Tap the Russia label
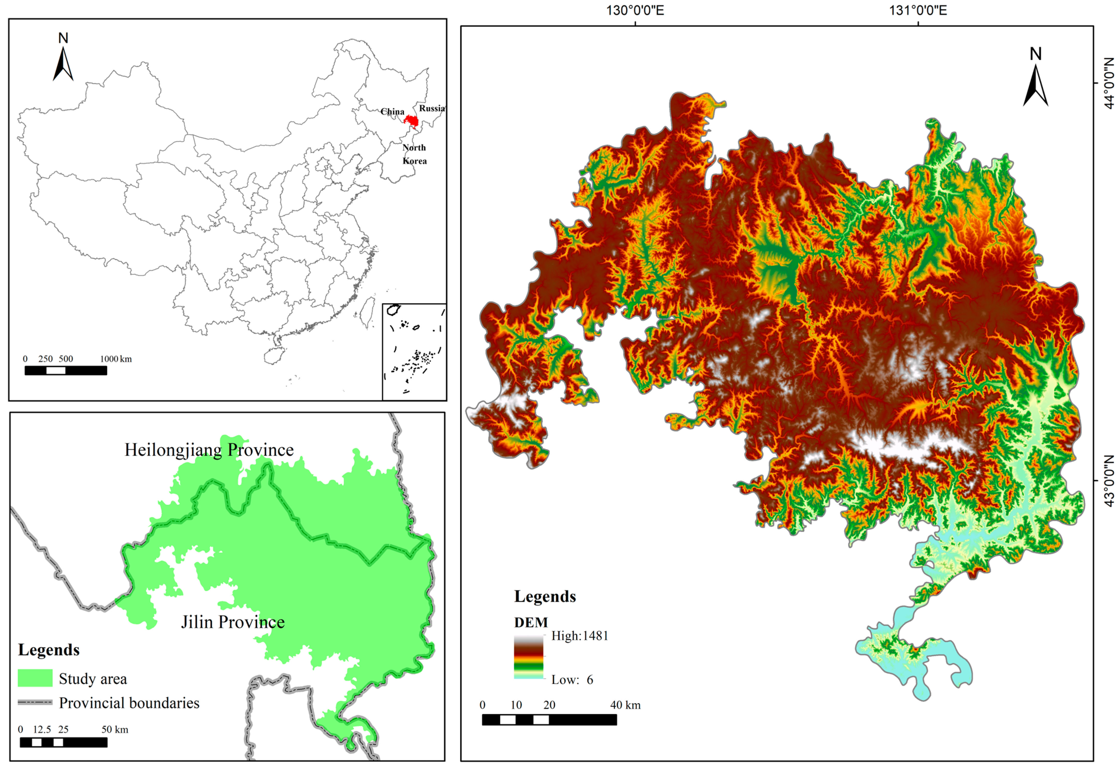coord(432,108)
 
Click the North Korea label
coord(414,154)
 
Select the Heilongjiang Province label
coord(209,450)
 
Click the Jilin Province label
coord(233,622)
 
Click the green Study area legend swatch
coord(35,678)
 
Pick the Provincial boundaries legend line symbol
coord(35,702)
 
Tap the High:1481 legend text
coord(580,636)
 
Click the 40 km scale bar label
coord(625,705)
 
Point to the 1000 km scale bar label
coord(116,359)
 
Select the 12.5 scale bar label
coord(42,730)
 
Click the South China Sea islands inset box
coord(414,351)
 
